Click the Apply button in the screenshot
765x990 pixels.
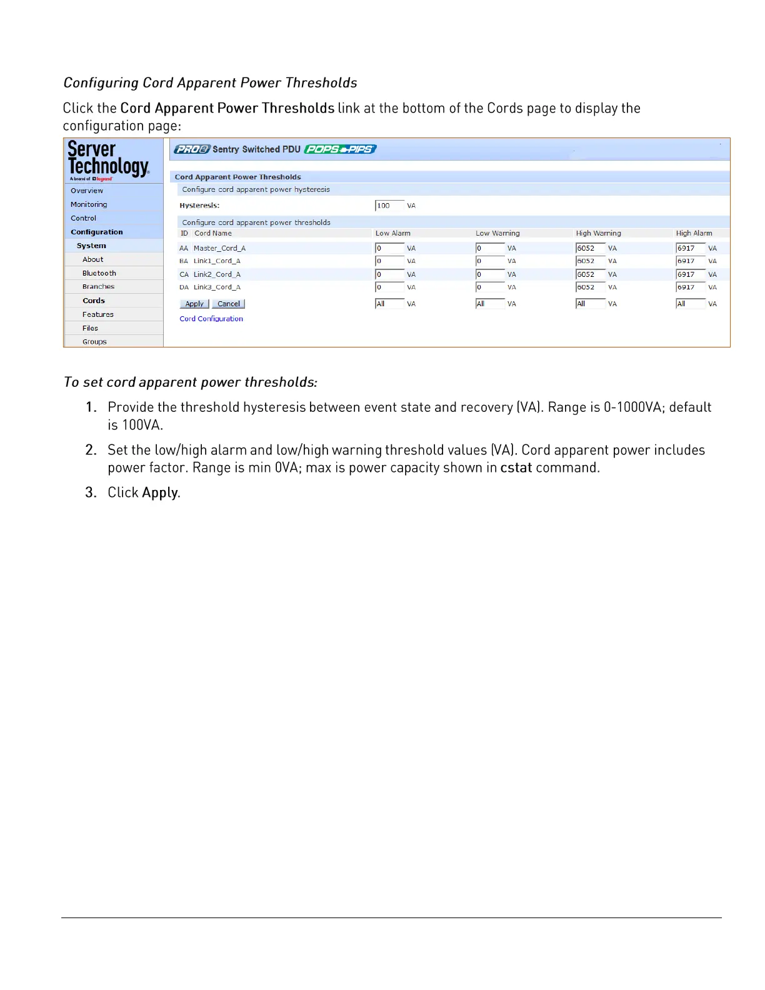click(x=194, y=304)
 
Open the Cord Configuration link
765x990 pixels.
click(x=211, y=319)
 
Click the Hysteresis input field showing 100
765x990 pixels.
click(x=389, y=206)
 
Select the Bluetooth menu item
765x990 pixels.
click(x=99, y=273)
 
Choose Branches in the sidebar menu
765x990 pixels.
click(x=99, y=287)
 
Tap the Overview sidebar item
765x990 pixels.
click(x=87, y=191)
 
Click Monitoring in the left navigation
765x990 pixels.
click(x=89, y=204)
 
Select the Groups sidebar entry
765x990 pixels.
click(x=94, y=342)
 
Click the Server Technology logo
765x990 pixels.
click(x=109, y=161)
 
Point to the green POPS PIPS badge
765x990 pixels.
click(x=341, y=149)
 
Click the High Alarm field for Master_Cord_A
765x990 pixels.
click(x=690, y=248)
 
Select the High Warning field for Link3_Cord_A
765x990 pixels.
click(x=590, y=287)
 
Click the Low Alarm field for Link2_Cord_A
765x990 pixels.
click(x=389, y=274)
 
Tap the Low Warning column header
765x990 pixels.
click(x=497, y=233)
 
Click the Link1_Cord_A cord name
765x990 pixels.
click(x=217, y=261)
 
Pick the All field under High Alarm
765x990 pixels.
click(x=690, y=304)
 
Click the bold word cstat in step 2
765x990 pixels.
click(x=516, y=467)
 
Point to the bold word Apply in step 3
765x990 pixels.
click(x=160, y=492)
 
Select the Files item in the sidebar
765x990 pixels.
click(x=90, y=328)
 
